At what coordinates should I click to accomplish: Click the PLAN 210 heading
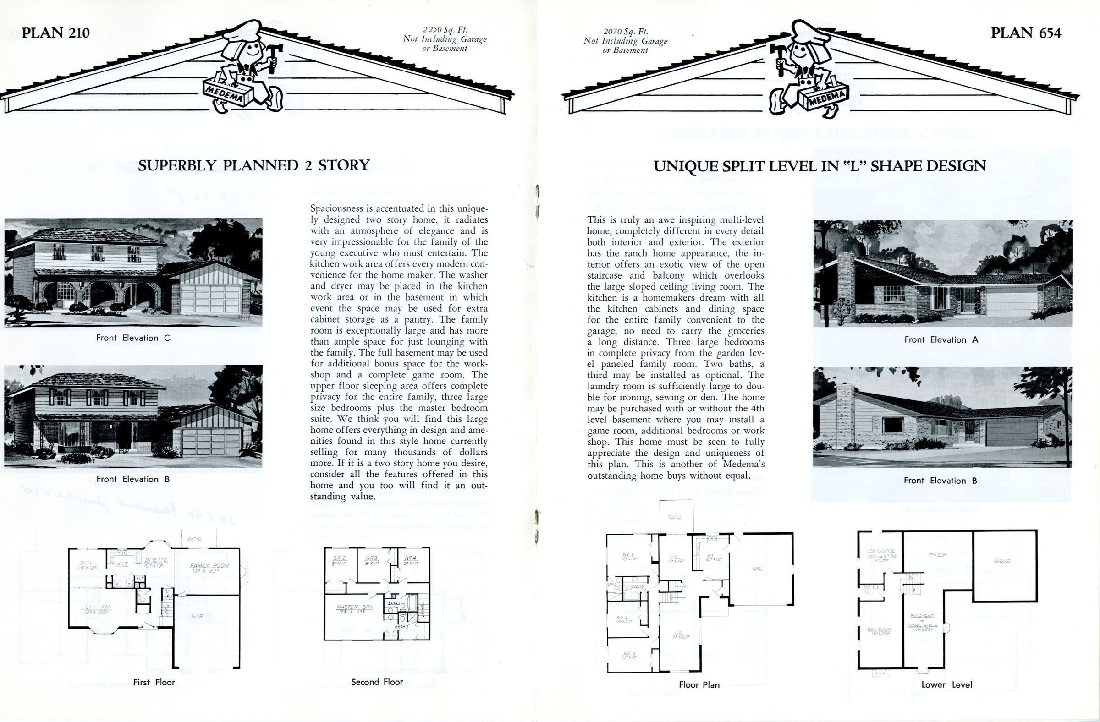pos(55,33)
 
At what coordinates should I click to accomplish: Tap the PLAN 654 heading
pos(1026,33)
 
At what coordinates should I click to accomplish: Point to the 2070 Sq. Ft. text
pos(625,32)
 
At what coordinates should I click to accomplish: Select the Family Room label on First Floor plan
pos(209,566)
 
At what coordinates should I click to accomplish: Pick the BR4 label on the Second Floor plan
pos(410,558)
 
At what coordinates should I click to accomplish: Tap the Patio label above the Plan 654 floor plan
pos(675,518)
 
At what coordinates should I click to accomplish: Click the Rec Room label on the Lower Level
pos(880,630)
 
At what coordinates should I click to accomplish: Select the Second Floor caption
pos(377,682)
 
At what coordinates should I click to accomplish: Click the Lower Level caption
pos(946,684)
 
